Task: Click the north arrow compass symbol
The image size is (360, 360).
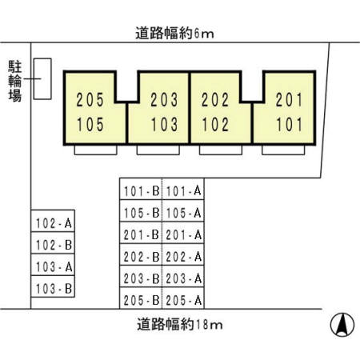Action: pos(342,325)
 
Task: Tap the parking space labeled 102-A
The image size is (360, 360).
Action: pos(53,221)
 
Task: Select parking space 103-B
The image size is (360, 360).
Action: pos(53,286)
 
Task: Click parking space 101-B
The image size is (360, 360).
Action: pos(141,189)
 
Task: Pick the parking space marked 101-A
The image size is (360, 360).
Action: pos(183,189)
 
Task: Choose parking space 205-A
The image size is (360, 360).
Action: pos(183,298)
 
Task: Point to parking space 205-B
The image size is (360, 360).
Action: pos(141,298)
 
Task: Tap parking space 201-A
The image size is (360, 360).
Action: pos(183,233)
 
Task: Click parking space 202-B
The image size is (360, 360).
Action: pos(141,254)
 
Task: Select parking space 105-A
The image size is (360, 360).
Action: pos(183,210)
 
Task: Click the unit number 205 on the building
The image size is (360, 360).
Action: pos(90,100)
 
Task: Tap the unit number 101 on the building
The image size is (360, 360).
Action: pos(289,125)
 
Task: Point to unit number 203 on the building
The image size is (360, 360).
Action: pos(164,100)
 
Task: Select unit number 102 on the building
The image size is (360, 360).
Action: pos(215,125)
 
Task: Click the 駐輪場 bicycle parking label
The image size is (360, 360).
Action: pos(14,82)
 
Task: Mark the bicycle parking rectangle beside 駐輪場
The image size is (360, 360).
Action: pos(42,79)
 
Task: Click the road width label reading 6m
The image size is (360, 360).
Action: pos(174,34)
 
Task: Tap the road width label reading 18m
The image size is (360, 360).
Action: pos(180,324)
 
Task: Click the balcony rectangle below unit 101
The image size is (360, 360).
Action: pos(283,150)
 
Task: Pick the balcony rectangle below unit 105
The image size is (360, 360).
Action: pos(96,150)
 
